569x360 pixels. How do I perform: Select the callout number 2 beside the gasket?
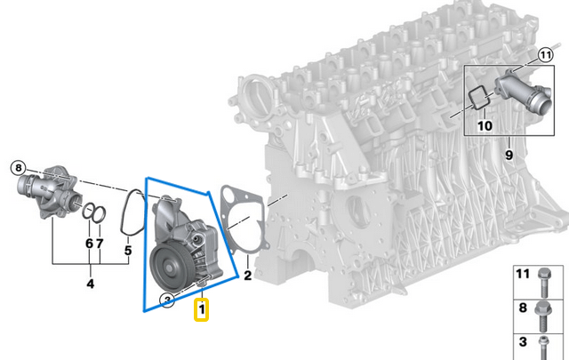(x=248, y=276)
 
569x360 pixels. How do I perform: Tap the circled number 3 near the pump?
(x=166, y=300)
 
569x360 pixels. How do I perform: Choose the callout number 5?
(x=127, y=251)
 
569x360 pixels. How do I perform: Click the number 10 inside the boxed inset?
(x=484, y=125)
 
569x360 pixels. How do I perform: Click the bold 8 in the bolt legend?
(x=524, y=308)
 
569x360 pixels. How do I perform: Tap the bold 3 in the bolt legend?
(x=524, y=341)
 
